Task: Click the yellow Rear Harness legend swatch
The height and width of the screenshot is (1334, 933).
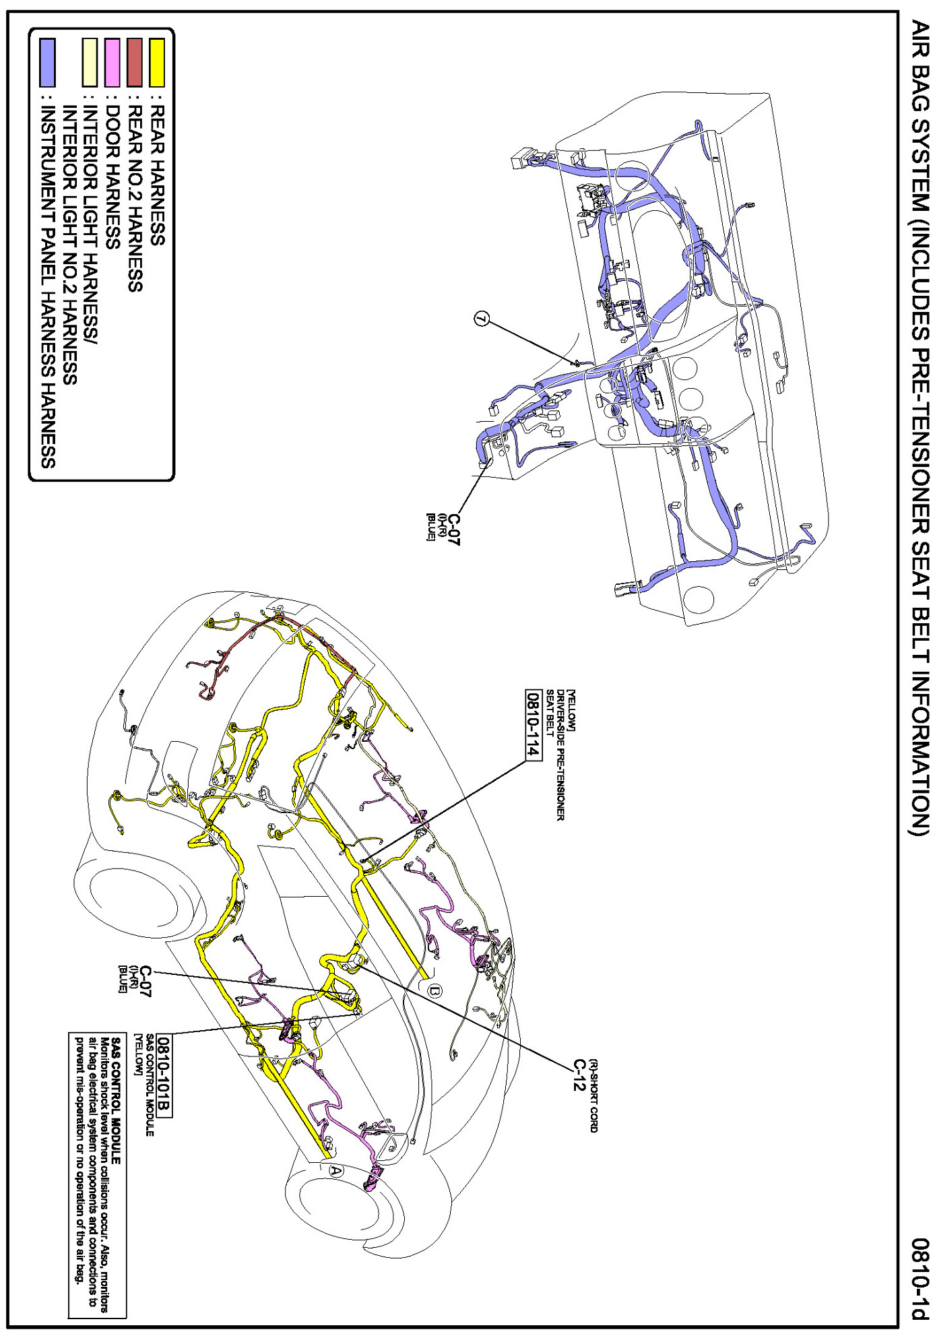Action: (x=156, y=62)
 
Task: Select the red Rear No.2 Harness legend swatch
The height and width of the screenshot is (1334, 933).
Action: (x=135, y=62)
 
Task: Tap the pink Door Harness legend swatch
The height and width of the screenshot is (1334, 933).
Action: (x=112, y=62)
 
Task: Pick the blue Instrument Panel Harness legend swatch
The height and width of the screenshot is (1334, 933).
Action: (x=47, y=62)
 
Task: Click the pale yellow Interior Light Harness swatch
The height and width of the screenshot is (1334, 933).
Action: (x=90, y=62)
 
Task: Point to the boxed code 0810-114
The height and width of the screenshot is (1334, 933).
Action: (x=533, y=724)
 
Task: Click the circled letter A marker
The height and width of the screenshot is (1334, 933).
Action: (x=335, y=1170)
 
